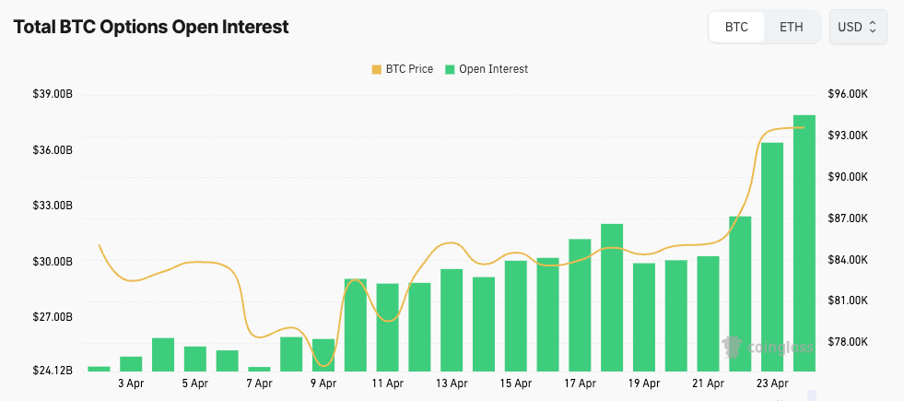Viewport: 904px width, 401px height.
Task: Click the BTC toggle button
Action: (x=736, y=27)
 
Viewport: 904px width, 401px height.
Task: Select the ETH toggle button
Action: (x=791, y=27)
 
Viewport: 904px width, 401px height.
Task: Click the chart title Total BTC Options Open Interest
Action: (x=151, y=27)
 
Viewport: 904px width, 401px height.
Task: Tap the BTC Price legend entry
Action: (x=402, y=69)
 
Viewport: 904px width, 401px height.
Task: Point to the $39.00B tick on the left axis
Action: (x=53, y=94)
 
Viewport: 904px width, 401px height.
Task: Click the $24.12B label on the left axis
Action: (x=53, y=371)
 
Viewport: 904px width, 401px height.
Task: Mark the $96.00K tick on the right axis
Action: (x=848, y=94)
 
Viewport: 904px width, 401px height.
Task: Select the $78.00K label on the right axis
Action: (x=848, y=342)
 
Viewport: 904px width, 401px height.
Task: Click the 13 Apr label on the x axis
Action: (x=452, y=383)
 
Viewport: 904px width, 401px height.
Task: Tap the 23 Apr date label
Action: (x=772, y=383)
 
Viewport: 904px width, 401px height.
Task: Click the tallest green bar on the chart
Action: (x=804, y=243)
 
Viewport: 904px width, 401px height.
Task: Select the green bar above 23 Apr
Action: (x=772, y=257)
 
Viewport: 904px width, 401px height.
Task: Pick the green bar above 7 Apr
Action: (x=260, y=369)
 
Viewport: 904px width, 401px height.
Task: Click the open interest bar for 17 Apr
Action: (x=580, y=305)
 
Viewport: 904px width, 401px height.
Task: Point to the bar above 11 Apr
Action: (x=387, y=327)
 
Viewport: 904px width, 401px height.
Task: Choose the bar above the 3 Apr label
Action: (x=131, y=364)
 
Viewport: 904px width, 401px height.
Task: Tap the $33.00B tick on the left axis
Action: (x=53, y=206)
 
